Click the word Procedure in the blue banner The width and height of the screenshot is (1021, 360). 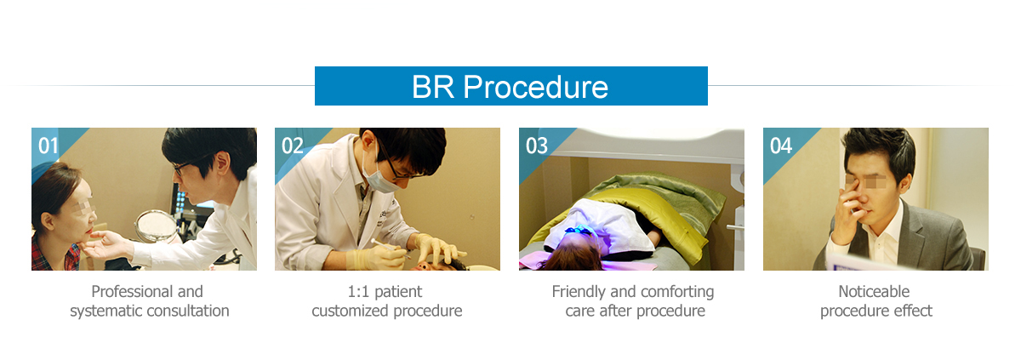(535, 87)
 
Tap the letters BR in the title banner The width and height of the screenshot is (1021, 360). (432, 86)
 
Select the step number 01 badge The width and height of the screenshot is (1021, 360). (48, 146)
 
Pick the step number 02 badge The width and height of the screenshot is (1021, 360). (292, 146)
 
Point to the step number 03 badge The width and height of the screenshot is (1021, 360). (537, 146)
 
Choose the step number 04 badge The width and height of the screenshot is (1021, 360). (781, 146)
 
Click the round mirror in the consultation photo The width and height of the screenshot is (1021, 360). (156, 226)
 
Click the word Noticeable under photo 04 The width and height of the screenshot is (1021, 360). (874, 292)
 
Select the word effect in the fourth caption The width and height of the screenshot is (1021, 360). (912, 311)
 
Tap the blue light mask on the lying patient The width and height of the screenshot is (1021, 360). (579, 232)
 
